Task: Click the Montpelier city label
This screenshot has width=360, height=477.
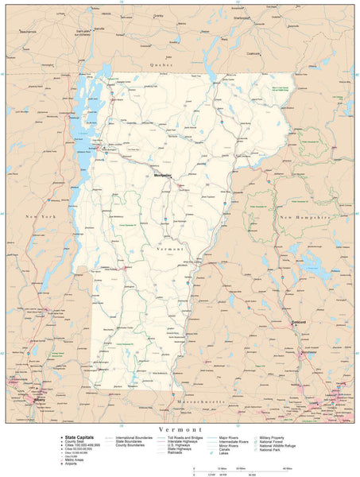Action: (x=162, y=174)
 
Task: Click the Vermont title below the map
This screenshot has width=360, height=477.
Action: (x=180, y=429)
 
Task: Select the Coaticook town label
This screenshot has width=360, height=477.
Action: (x=254, y=53)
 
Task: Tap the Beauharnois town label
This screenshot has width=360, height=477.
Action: (x=29, y=31)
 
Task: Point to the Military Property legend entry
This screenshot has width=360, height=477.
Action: (x=273, y=436)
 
